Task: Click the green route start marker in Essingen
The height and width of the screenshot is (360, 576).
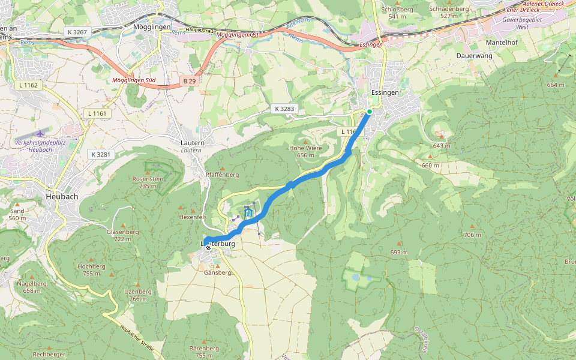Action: pyautogui.click(x=370, y=112)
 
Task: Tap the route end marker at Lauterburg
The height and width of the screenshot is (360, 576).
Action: pyautogui.click(x=208, y=247)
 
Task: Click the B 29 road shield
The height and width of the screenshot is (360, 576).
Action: pyautogui.click(x=190, y=80)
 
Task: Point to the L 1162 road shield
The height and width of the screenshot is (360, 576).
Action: pyautogui.click(x=28, y=85)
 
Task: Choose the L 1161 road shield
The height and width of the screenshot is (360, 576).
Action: pyautogui.click(x=96, y=113)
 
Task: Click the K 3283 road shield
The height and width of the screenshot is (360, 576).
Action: pyautogui.click(x=284, y=109)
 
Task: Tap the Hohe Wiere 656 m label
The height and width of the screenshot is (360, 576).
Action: pyautogui.click(x=305, y=151)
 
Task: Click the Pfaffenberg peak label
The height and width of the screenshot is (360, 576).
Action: pyautogui.click(x=222, y=175)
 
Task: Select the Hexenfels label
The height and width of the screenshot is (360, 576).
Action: pyautogui.click(x=193, y=216)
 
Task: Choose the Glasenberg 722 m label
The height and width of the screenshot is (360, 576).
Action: pyautogui.click(x=122, y=235)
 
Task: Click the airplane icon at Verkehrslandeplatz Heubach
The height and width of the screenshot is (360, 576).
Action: pyautogui.click(x=40, y=133)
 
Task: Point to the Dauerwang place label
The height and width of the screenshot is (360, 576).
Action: pyautogui.click(x=474, y=55)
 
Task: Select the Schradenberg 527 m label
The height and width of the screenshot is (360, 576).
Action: pyautogui.click(x=448, y=13)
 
